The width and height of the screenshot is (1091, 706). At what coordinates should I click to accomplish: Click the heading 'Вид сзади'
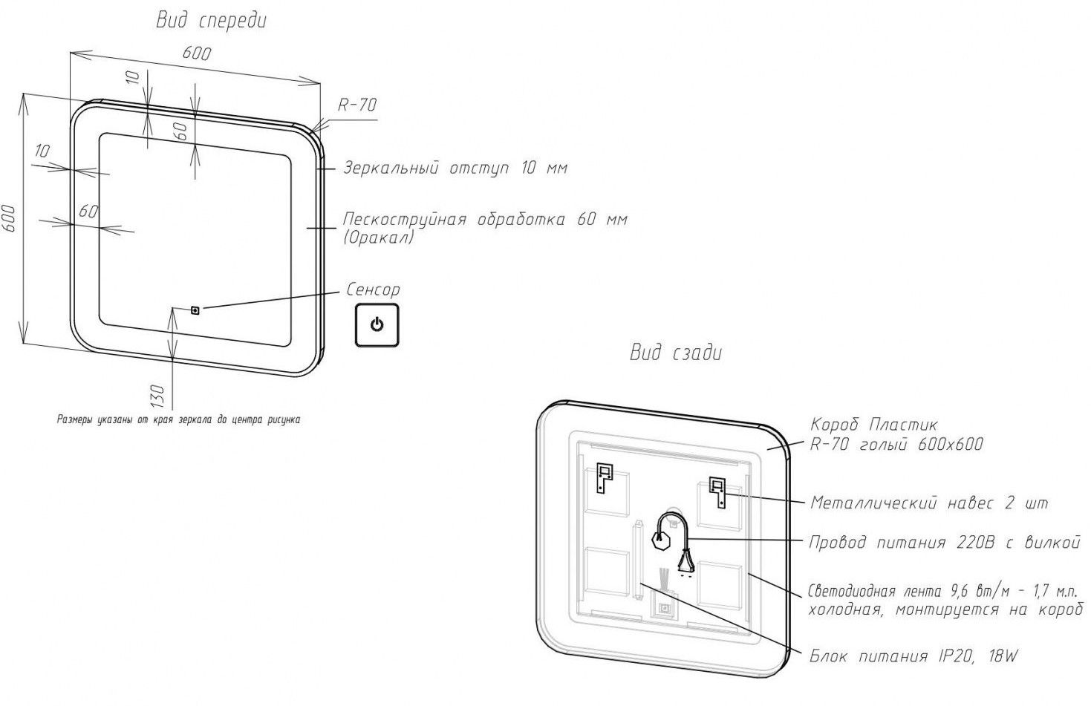675,353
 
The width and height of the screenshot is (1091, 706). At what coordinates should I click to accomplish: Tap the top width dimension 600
197,53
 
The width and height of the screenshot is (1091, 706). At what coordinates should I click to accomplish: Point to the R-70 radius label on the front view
357,105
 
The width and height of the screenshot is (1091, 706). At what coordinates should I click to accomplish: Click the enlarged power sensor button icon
377,324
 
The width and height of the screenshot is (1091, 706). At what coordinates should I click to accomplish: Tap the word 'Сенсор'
373,290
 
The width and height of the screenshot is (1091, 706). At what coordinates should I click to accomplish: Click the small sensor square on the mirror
195,310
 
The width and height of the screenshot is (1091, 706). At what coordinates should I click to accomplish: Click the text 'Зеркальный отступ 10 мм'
455,168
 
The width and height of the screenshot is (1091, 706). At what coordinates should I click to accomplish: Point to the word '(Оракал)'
379,238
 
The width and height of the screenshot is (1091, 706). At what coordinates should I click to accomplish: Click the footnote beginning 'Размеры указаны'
179,419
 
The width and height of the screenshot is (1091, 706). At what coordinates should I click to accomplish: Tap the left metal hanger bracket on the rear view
605,479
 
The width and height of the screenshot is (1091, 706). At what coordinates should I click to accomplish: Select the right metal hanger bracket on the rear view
717,491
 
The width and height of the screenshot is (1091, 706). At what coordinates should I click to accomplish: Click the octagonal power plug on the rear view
660,540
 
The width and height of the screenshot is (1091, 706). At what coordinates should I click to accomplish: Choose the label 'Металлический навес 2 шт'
928,503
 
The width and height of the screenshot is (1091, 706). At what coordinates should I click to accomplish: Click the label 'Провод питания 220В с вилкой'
943,543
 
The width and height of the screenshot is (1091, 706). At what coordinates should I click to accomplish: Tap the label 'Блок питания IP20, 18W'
913,656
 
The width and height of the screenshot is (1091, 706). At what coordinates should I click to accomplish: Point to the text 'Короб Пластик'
873,425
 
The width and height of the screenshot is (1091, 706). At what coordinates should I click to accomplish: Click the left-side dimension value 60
88,212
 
